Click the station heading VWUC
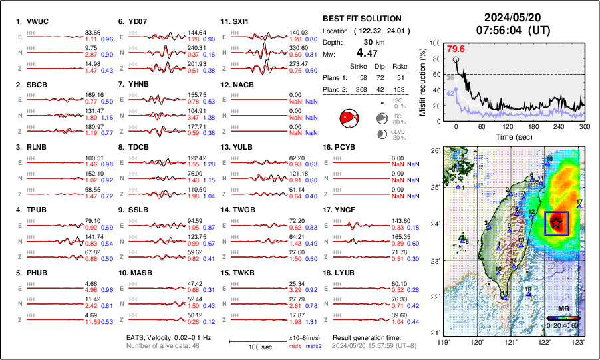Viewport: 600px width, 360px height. tap(33, 21)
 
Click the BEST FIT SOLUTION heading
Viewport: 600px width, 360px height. tap(362, 19)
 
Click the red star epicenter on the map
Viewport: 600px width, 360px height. tap(556, 223)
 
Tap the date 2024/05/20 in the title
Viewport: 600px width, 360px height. tap(512, 17)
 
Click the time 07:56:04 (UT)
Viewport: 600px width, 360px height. tap(512, 30)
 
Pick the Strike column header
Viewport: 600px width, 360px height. tap(359, 66)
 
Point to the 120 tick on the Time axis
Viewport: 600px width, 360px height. tap(508, 126)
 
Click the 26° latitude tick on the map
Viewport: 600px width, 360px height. tap(432, 151)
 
